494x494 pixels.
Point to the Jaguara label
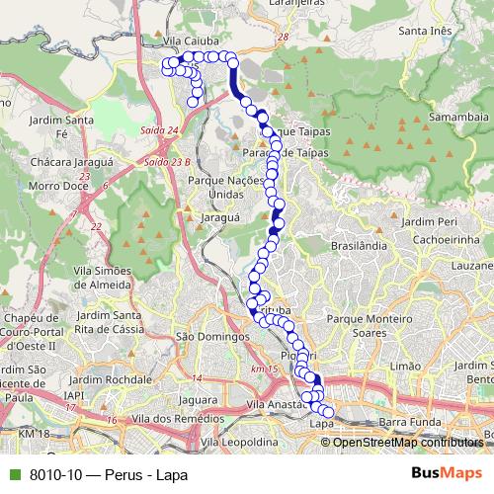coord(199,399)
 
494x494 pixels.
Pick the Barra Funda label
coord(407,422)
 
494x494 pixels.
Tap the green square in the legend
coord(13,473)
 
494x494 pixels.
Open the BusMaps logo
coord(446,473)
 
